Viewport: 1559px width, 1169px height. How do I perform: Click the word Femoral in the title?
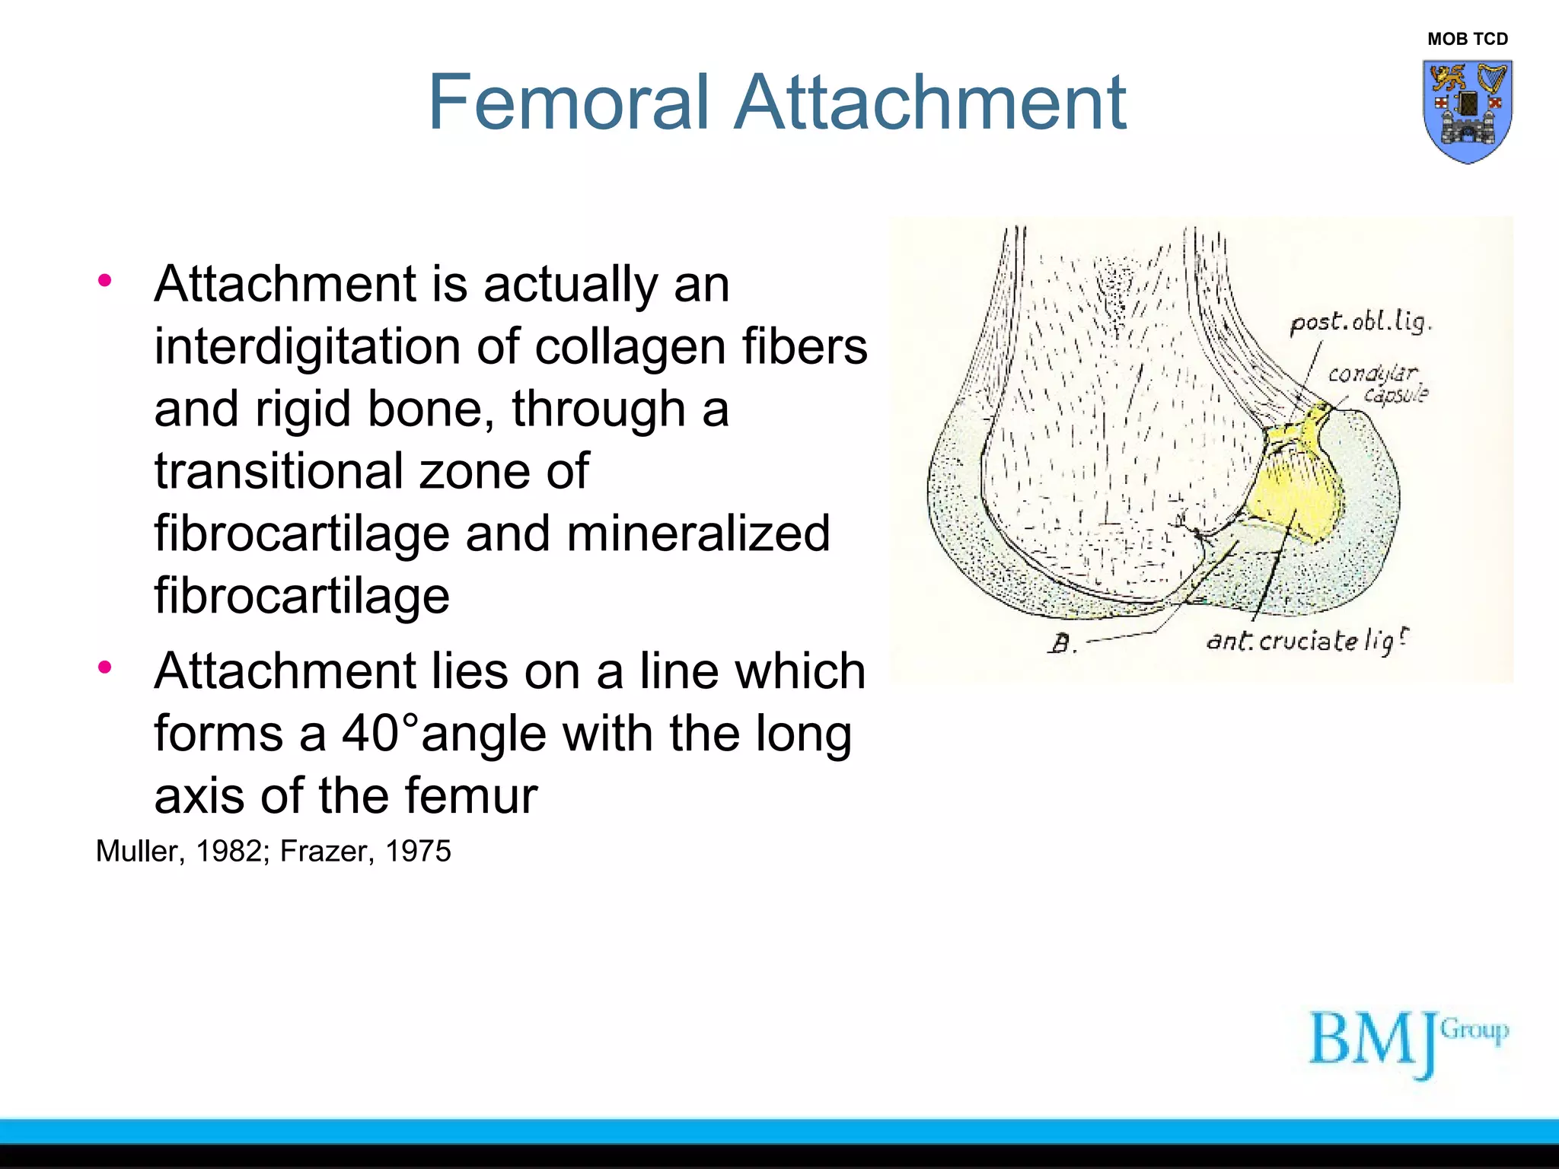coord(569,103)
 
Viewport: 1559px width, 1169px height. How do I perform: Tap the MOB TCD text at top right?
coord(1467,39)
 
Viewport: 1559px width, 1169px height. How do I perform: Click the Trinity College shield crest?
coord(1467,111)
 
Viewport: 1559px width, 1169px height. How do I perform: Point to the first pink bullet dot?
coord(104,280)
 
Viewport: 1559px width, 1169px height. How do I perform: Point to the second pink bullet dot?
coord(104,667)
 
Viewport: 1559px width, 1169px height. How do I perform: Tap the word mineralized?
coord(698,534)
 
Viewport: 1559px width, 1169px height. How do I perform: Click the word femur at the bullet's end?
coord(470,796)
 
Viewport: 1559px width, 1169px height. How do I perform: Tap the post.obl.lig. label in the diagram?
coord(1360,323)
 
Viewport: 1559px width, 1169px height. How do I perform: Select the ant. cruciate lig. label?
coord(1306,641)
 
